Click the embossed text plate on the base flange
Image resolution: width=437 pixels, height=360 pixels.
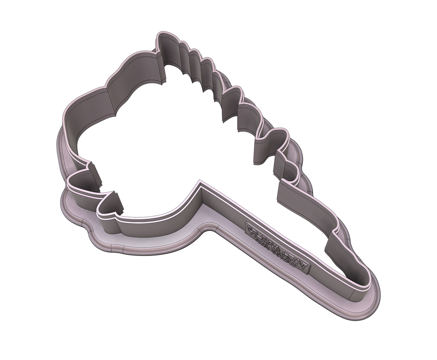point(278,248)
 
